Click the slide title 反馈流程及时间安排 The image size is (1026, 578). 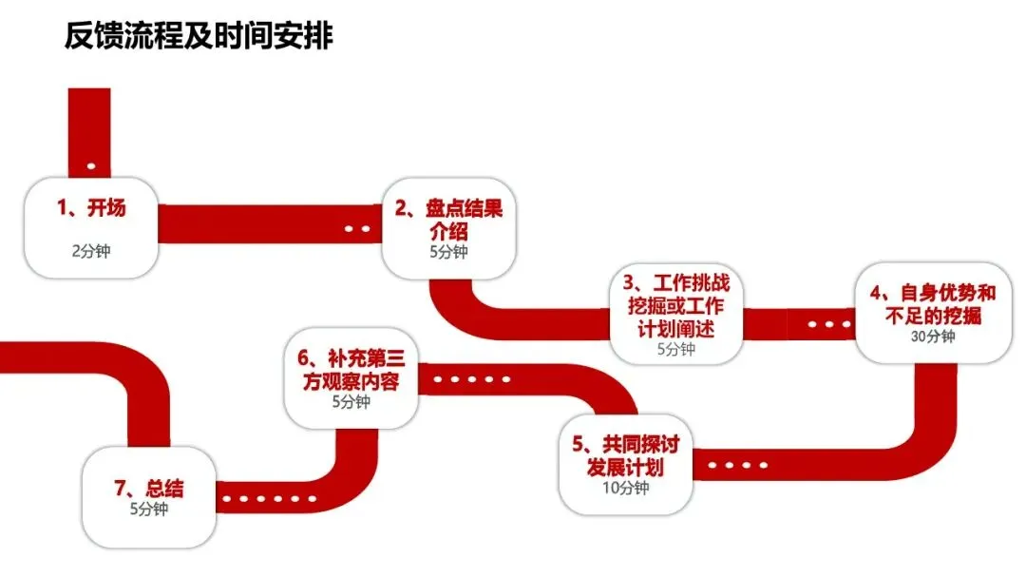coord(199,36)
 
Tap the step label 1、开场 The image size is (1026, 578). coord(91,208)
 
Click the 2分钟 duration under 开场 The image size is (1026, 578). coord(91,252)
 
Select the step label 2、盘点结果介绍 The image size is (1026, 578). coord(449,220)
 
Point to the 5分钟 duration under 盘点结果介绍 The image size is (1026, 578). coord(448,252)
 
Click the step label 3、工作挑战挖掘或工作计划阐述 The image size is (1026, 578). coord(676,306)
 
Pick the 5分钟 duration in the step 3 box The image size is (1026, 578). coord(676,349)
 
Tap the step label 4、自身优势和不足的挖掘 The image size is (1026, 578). coord(932,304)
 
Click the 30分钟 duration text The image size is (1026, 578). coord(932,336)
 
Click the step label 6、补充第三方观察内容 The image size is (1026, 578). coord(351,370)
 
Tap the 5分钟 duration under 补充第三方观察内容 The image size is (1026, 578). coord(351,402)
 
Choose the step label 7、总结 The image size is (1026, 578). coord(149,489)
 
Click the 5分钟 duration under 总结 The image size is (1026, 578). coord(148,510)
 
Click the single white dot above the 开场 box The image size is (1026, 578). coord(91,166)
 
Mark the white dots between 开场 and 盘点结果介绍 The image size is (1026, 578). coord(357,228)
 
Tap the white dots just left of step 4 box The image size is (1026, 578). coord(831,324)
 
